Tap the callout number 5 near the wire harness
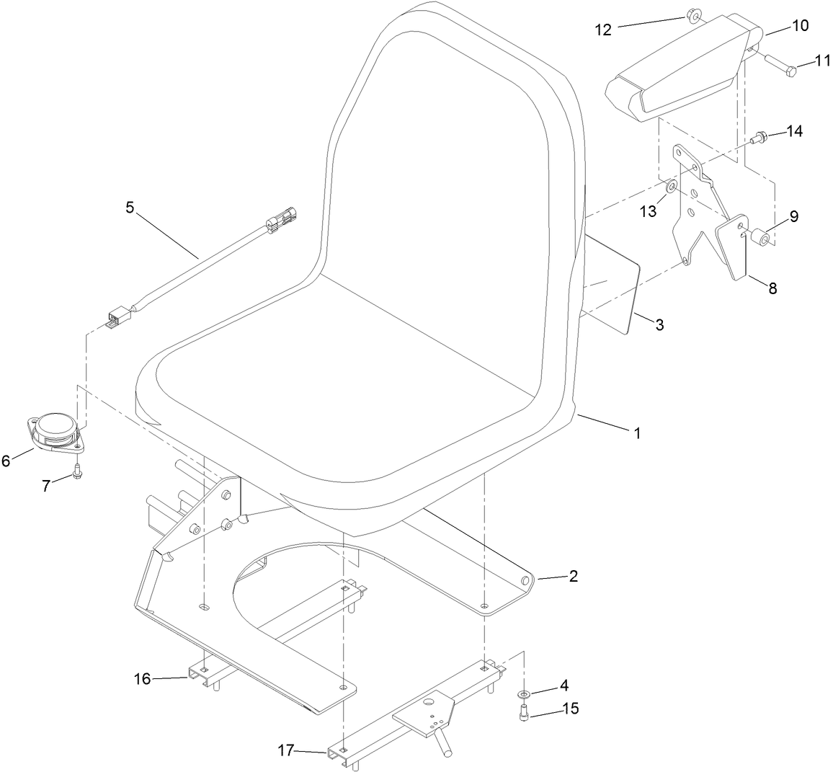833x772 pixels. coord(130,208)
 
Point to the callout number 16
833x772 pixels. coord(142,678)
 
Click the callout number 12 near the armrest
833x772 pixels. coord(602,30)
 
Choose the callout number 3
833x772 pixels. coord(659,324)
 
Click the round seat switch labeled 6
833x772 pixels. coord(54,431)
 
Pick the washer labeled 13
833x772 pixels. coord(671,187)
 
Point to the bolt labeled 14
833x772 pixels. coord(759,135)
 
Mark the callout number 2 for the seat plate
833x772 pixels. coord(574,577)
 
